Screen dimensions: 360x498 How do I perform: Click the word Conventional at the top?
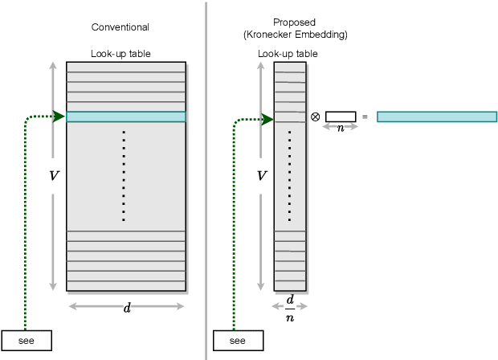(120, 27)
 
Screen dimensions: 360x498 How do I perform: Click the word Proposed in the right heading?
(296, 23)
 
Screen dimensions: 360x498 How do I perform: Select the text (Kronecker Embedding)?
(296, 35)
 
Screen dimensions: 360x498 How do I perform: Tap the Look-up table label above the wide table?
(120, 54)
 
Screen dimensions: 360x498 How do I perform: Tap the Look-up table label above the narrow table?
(288, 54)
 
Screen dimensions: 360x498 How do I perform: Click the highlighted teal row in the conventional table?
(126, 117)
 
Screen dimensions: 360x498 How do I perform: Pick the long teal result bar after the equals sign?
(436, 117)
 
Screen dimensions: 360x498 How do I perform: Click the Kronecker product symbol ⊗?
(315, 117)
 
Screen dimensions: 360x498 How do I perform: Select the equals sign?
(365, 117)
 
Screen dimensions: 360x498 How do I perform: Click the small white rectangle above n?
(341, 117)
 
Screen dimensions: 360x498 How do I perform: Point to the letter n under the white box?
(341, 128)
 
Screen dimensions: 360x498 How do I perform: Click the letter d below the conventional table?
(127, 308)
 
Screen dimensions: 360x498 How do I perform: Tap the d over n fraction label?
(290, 309)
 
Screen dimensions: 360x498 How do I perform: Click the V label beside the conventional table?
(54, 175)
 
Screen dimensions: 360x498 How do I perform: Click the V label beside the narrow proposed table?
(261, 175)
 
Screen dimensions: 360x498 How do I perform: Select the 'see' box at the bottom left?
(27, 340)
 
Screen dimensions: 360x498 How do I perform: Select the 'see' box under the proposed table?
(238, 340)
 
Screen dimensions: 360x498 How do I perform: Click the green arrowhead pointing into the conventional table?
(59, 117)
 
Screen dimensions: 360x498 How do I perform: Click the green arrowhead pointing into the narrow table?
(267, 121)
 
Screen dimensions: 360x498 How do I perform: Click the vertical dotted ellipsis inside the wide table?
(124, 175)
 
